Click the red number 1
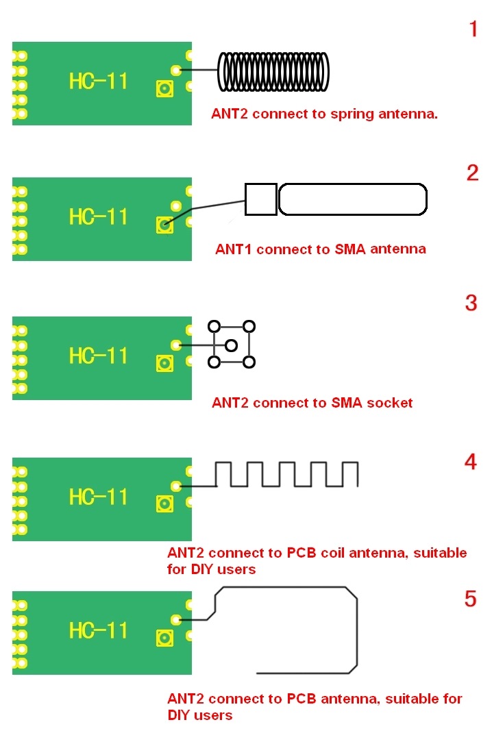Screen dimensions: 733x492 pyautogui.click(x=473, y=29)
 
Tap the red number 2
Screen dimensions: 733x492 pyautogui.click(x=472, y=173)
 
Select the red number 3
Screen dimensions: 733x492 pyautogui.click(x=471, y=303)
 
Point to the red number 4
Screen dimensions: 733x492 pyautogui.click(x=470, y=462)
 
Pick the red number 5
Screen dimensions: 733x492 pyautogui.click(x=470, y=599)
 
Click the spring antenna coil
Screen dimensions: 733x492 pyautogui.click(x=273, y=71)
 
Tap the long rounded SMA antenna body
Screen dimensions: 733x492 pyautogui.click(x=352, y=199)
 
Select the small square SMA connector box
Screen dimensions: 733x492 pyautogui.click(x=260, y=199)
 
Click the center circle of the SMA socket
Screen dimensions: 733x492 pyautogui.click(x=231, y=345)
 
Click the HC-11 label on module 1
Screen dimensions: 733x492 pyautogui.click(x=98, y=81)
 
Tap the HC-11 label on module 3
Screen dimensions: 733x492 pyautogui.click(x=98, y=356)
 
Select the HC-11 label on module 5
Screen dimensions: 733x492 pyautogui.click(x=98, y=630)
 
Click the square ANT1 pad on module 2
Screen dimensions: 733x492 pyautogui.click(x=164, y=224)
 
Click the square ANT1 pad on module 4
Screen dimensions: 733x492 pyautogui.click(x=164, y=504)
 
